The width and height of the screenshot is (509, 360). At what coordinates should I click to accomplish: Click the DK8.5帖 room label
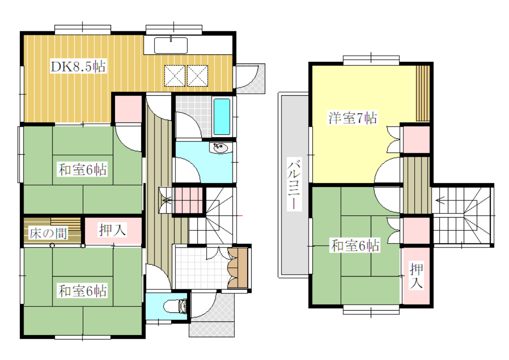point(78,67)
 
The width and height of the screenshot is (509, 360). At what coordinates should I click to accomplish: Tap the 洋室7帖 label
point(353,117)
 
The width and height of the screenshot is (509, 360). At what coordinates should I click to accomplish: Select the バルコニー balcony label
point(294,184)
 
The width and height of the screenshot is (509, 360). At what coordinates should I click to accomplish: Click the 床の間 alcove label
point(48,233)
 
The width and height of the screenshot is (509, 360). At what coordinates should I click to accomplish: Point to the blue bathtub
point(222,117)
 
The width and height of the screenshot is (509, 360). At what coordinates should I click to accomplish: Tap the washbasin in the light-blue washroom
point(220,148)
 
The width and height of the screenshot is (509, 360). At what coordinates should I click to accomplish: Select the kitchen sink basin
point(171,45)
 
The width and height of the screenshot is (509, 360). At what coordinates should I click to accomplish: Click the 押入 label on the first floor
point(112,230)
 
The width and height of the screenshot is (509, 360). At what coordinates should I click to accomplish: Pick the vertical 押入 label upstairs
point(416,276)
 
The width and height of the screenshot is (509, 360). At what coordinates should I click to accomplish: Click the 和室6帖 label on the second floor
point(355,245)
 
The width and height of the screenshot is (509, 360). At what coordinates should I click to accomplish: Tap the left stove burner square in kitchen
point(175,76)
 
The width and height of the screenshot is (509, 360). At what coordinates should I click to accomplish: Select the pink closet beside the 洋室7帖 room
point(416,139)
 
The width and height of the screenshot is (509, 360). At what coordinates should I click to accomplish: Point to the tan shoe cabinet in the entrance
point(238,268)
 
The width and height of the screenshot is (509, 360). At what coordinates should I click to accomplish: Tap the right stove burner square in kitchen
point(197,76)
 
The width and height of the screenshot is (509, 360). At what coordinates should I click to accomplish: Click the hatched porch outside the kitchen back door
point(250,78)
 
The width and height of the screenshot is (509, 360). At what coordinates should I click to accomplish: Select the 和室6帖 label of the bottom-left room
point(82,291)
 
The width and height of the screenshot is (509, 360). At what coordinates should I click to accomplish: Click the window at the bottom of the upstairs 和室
point(371,310)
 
